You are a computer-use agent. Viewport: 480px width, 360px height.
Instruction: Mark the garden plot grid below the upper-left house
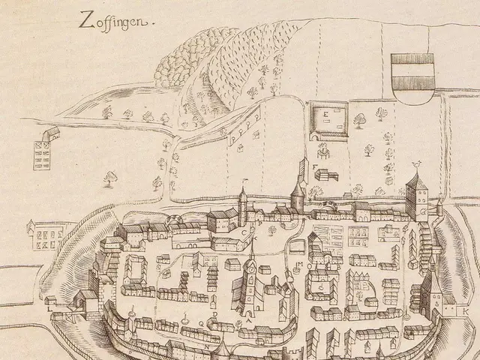coord(43,154)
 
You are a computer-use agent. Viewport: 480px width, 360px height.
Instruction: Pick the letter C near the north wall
coord(244,232)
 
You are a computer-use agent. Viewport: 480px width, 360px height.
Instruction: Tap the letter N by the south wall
coord(207,347)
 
